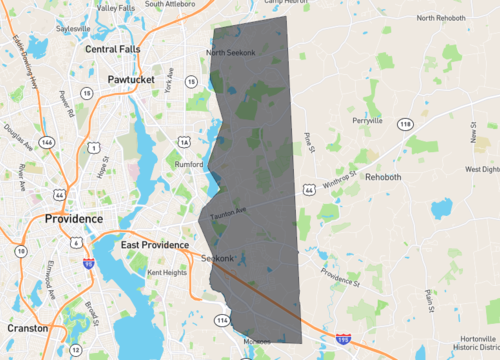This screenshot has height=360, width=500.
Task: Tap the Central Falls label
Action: click(113, 48)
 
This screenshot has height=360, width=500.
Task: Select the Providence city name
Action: click(73, 218)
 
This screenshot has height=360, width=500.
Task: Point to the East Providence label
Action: click(155, 244)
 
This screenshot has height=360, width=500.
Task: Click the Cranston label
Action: click(27, 328)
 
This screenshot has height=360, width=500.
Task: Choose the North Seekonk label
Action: click(231, 52)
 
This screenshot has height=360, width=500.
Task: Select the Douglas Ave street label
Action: click(19, 137)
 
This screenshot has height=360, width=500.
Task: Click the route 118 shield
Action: click(405, 124)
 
